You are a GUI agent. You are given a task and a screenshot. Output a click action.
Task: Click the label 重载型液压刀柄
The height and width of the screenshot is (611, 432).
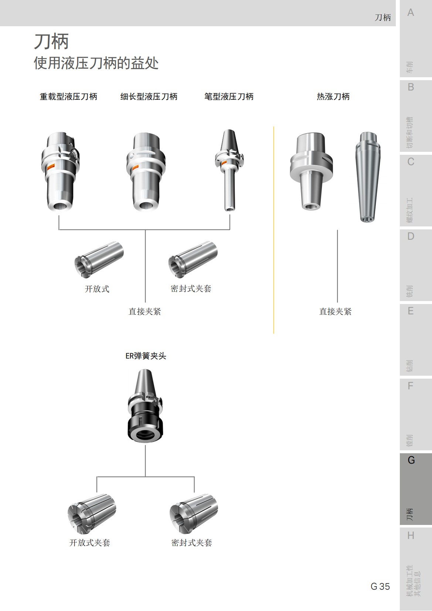[68, 97]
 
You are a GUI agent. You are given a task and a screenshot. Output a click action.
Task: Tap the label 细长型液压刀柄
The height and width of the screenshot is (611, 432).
[149, 97]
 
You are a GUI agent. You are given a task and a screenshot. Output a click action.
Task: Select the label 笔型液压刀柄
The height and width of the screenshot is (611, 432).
[229, 97]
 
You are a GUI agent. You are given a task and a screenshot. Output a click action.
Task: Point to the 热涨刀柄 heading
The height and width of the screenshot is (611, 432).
[333, 97]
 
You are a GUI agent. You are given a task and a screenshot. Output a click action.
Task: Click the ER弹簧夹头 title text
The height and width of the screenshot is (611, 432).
[146, 356]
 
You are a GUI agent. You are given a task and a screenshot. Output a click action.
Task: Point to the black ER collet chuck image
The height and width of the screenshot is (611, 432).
[145, 406]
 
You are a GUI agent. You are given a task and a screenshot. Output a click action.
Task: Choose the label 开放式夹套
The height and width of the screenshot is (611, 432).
[90, 543]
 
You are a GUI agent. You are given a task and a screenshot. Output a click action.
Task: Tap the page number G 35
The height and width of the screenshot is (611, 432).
[380, 587]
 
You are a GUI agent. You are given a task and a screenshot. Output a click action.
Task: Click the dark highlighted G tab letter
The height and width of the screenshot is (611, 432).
[411, 460]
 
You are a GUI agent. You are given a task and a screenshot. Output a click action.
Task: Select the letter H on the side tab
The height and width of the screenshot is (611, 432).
[411, 536]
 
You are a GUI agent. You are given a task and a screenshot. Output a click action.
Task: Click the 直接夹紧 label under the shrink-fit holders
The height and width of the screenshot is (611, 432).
[335, 312]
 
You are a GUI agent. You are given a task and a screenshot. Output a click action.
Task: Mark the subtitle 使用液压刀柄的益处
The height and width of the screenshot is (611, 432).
[96, 63]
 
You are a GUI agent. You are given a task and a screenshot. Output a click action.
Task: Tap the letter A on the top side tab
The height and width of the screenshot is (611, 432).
[411, 13]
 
